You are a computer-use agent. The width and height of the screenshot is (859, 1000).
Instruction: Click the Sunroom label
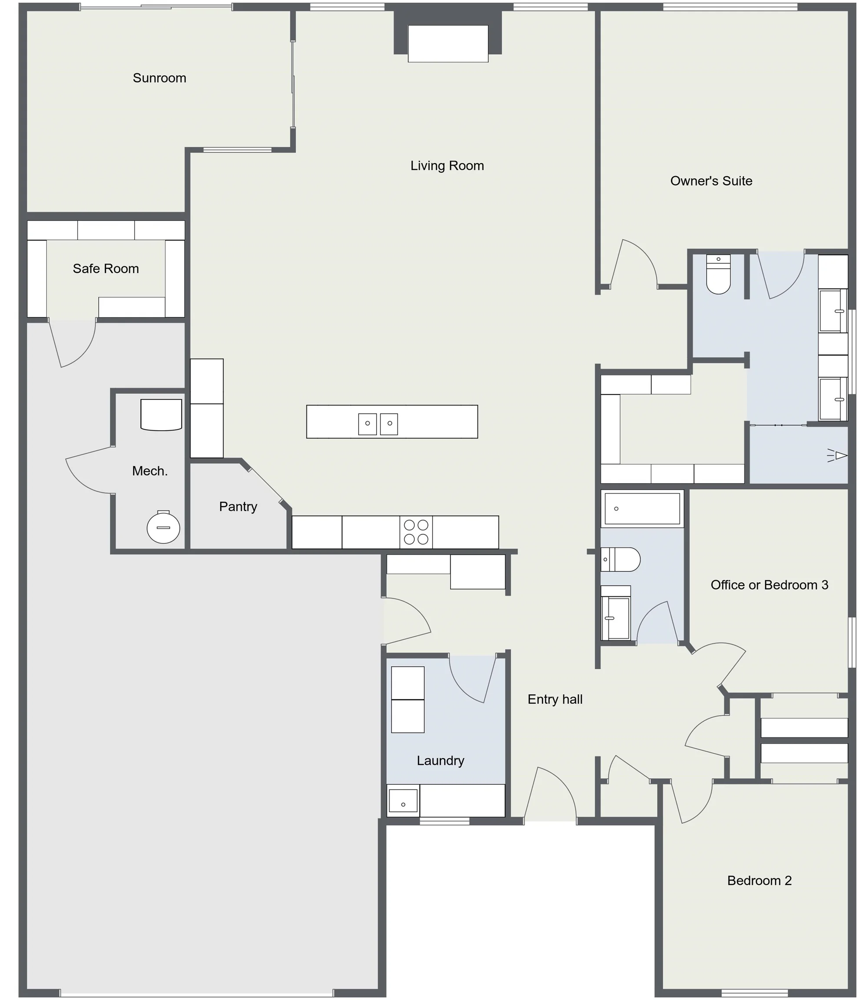(x=159, y=78)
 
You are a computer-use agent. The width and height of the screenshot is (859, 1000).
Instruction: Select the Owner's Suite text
(x=711, y=181)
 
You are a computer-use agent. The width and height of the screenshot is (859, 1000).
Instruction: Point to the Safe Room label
(x=106, y=269)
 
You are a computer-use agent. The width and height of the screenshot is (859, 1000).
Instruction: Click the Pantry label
(x=238, y=507)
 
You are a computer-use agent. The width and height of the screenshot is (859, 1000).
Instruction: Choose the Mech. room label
(x=150, y=471)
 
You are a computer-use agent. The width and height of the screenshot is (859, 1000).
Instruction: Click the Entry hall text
(x=555, y=699)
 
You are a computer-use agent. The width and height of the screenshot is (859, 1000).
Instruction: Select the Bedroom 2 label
(x=760, y=881)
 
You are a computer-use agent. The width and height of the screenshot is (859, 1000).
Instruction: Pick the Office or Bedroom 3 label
(x=769, y=585)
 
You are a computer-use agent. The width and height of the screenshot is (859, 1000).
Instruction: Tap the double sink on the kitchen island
(x=378, y=424)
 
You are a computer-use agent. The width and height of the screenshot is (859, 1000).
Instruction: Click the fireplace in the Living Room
(x=448, y=44)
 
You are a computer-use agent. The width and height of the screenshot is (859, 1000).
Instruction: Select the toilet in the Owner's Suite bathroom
(x=718, y=275)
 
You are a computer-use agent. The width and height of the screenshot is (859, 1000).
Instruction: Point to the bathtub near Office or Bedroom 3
(x=642, y=509)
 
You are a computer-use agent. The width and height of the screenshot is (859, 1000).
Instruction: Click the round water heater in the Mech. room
(x=163, y=527)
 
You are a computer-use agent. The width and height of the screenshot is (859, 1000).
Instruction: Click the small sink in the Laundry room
(x=403, y=801)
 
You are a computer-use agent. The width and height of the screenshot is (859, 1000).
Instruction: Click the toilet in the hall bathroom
(x=621, y=559)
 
